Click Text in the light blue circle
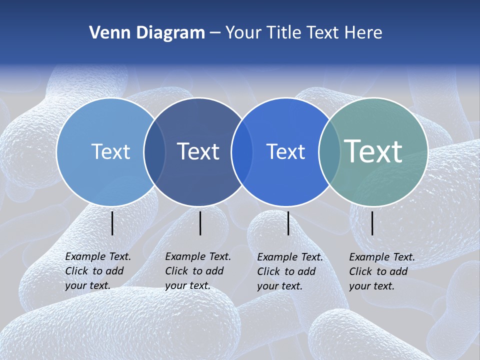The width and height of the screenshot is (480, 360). [110, 151]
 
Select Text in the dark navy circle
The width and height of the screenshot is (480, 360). [198, 151]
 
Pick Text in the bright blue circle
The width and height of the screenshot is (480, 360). [285, 151]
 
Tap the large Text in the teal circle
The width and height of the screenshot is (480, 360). [373, 151]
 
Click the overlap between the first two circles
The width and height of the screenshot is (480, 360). [154, 151]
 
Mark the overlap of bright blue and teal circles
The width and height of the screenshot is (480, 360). [329, 151]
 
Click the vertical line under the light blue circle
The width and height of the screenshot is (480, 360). [112, 223]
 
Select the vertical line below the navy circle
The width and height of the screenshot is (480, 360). [200, 223]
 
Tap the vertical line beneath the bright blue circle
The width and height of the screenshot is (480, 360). [288, 223]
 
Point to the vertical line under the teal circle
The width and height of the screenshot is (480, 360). [372, 223]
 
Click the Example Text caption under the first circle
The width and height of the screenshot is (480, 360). [98, 271]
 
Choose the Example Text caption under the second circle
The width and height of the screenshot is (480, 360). [198, 271]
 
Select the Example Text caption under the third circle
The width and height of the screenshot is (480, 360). [290, 271]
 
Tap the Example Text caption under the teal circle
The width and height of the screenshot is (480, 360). [382, 271]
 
